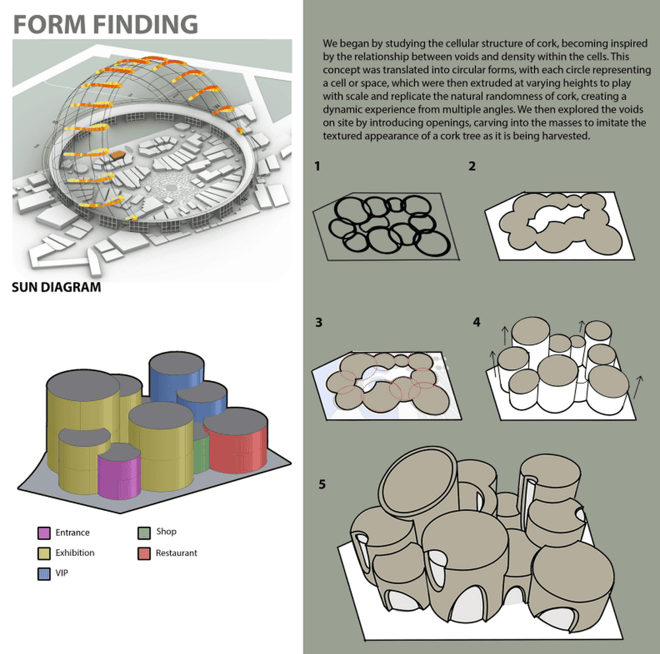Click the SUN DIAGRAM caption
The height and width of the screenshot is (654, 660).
57,287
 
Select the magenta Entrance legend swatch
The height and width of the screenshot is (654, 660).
44,533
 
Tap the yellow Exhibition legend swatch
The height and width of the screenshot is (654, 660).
44,553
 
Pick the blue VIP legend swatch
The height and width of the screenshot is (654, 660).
44,574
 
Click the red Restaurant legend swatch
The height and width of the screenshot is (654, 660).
145,553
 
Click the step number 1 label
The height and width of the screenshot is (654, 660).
317,167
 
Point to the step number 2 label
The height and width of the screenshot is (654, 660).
472,167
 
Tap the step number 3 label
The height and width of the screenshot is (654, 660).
319,322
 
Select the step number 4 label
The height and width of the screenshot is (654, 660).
477,322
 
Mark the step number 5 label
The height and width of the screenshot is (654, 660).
322,485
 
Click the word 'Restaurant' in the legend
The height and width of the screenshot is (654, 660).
176,553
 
